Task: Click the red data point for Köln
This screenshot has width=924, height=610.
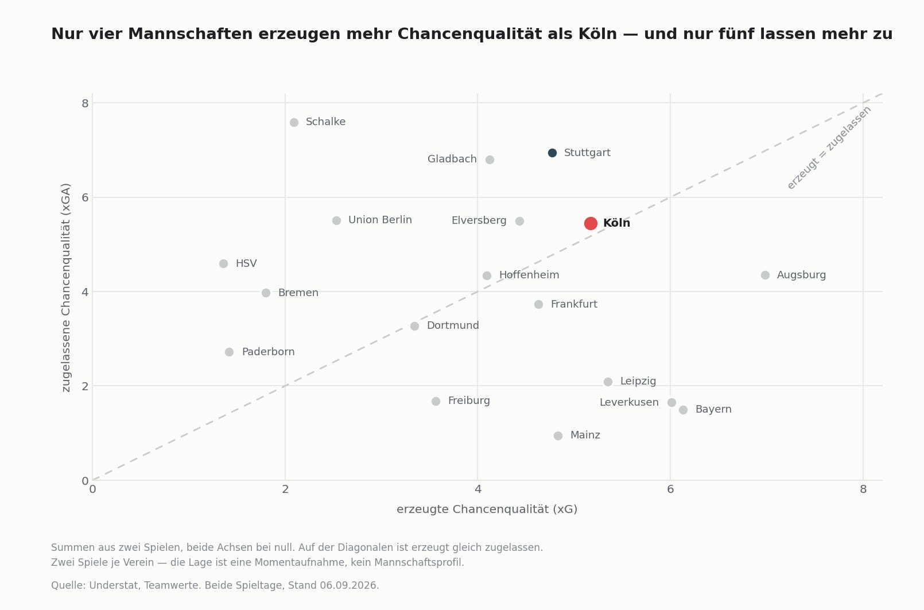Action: pyautogui.click(x=591, y=223)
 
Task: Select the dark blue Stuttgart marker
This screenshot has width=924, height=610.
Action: pyautogui.click(x=552, y=153)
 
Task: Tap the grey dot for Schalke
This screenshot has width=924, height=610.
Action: pyautogui.click(x=294, y=122)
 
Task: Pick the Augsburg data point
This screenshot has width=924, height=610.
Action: pyautogui.click(x=765, y=275)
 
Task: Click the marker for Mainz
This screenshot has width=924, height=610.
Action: pyautogui.click(x=558, y=436)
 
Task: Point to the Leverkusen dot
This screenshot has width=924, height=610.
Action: pyautogui.click(x=671, y=402)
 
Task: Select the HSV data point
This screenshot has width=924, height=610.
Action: pyautogui.click(x=223, y=263)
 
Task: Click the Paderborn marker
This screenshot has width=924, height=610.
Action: pyautogui.click(x=229, y=352)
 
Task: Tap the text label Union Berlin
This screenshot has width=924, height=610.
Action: pyautogui.click(x=380, y=220)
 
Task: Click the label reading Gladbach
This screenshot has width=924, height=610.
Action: pyautogui.click(x=452, y=159)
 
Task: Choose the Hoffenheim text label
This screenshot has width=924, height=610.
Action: pyautogui.click(x=529, y=275)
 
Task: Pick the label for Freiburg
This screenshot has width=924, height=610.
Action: pyautogui.click(x=468, y=401)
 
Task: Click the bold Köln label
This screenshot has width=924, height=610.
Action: pyautogui.click(x=616, y=223)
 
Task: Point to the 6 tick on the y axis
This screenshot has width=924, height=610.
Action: pyautogui.click(x=85, y=197)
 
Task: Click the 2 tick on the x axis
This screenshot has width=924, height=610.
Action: pyautogui.click(x=285, y=489)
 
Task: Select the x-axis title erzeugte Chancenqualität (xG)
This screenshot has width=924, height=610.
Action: pyautogui.click(x=487, y=510)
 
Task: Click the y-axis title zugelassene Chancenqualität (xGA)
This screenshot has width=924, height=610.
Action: pyautogui.click(x=65, y=287)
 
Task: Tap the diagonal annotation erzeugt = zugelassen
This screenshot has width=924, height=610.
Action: pyautogui.click(x=829, y=147)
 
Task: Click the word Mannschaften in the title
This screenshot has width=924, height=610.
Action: pyautogui.click(x=191, y=34)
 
